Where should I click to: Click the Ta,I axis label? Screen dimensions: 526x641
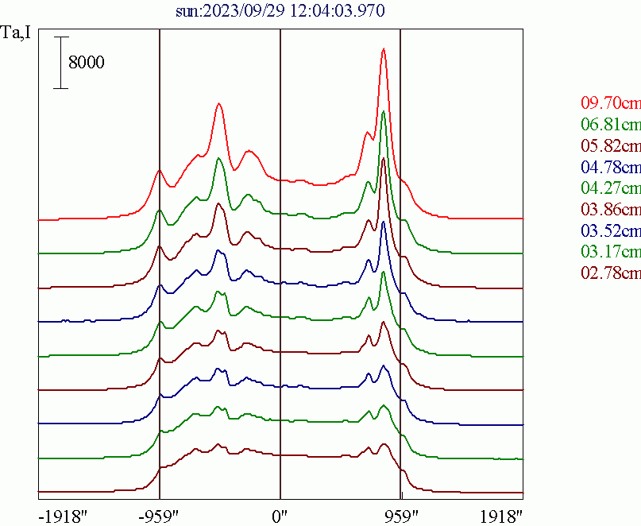pos(17,33)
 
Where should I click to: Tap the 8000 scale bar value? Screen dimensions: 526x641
pos(86,63)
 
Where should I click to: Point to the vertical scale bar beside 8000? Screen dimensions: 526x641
pos(60,62)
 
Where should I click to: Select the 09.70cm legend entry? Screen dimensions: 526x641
pos(610,103)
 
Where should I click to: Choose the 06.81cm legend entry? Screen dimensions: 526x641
pos(610,125)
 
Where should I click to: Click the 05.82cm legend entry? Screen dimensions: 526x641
pos(610,146)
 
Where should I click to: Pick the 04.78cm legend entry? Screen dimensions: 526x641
pos(610,168)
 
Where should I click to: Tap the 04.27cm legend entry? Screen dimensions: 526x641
pos(610,189)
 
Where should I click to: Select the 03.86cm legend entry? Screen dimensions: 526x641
pos(610,211)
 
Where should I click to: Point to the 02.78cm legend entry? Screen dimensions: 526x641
pos(610,274)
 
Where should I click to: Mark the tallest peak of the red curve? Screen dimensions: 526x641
pos(384,49)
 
